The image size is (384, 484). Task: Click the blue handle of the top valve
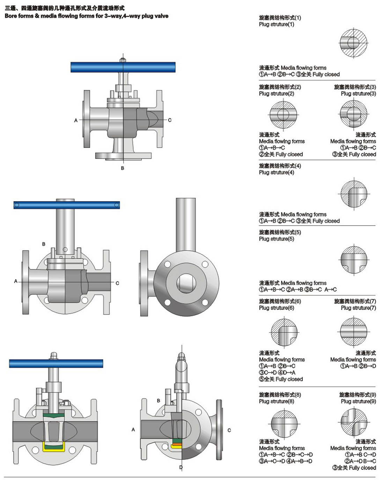pyautogui.click(x=123, y=67)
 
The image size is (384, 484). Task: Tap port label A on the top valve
pyautogui.click(x=76, y=120)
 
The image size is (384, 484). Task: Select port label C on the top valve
pyautogui.click(x=170, y=120)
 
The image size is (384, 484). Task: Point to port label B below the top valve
pyautogui.click(x=123, y=168)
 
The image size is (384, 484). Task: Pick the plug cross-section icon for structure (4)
pyautogui.click(x=354, y=194)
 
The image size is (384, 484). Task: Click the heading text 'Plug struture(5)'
pyautogui.click(x=276, y=239)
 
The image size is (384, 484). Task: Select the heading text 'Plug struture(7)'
pyautogui.click(x=358, y=308)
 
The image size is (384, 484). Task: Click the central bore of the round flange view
pyautogui.click(x=186, y=282)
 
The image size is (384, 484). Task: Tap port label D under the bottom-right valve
pyautogui.click(x=181, y=467)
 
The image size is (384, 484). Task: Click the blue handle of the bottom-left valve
pyautogui.click(x=56, y=363)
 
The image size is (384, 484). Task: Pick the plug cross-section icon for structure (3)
pyautogui.click(x=354, y=114)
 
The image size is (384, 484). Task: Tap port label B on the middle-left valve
pyautogui.click(x=44, y=244)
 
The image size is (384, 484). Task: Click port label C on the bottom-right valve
pyautogui.click(x=229, y=430)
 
